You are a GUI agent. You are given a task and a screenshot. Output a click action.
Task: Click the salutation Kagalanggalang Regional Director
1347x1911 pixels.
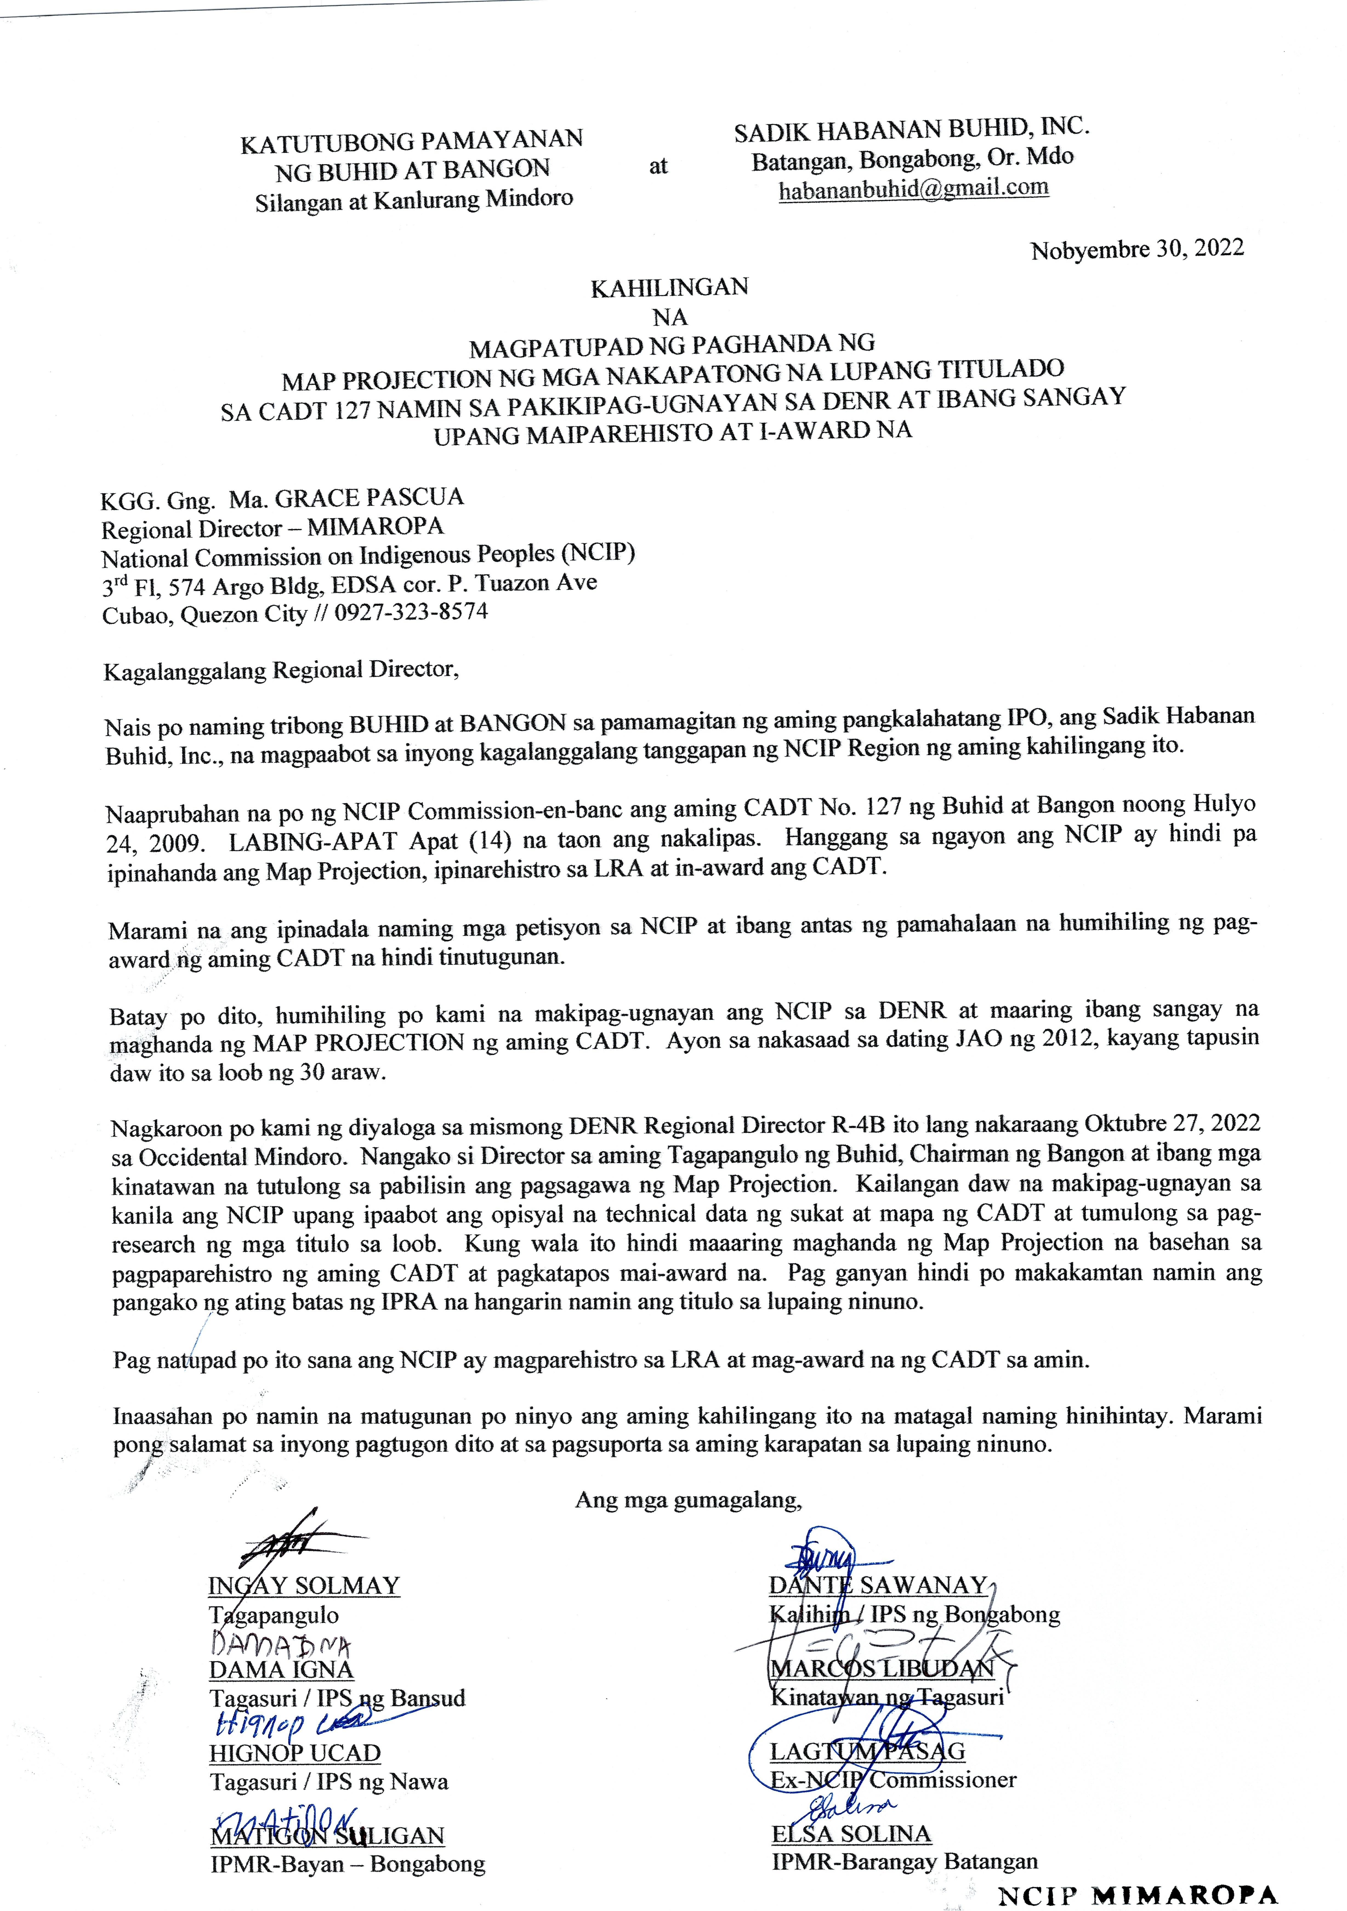(x=280, y=670)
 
